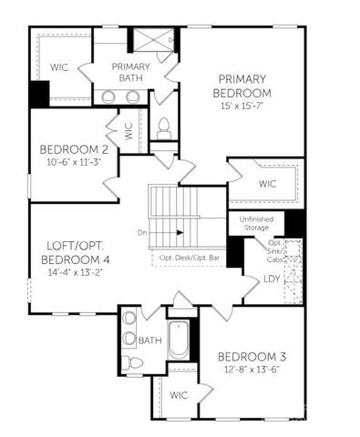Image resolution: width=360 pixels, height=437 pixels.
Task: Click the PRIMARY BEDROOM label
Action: coord(242,86)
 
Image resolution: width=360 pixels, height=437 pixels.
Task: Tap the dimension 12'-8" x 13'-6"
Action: coord(254,369)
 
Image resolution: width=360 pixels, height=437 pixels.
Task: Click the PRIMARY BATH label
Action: coord(131,73)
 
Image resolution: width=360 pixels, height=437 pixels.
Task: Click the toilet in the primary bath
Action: coord(165,127)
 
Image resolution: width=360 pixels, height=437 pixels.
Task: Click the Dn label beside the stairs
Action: coord(142,232)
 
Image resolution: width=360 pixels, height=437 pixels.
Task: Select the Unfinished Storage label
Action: coord(256,223)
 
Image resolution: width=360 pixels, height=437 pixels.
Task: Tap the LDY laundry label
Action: coord(271,279)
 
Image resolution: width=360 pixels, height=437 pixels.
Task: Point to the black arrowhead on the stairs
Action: coord(180,232)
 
